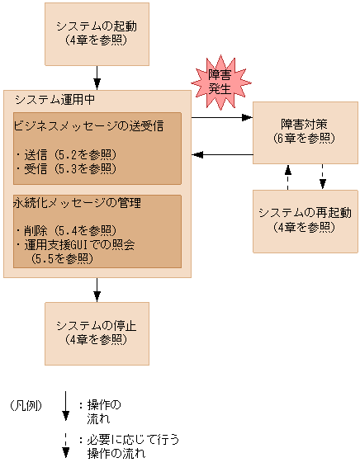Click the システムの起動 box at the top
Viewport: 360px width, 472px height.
tap(97, 33)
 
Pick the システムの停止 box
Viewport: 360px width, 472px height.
tap(97, 332)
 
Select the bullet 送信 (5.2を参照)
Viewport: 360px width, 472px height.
tap(66, 154)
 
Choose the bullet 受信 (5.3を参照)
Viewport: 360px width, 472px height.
tap(66, 168)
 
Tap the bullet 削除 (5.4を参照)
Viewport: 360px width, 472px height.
tap(66, 230)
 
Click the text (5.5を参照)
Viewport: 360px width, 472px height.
tap(62, 258)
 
